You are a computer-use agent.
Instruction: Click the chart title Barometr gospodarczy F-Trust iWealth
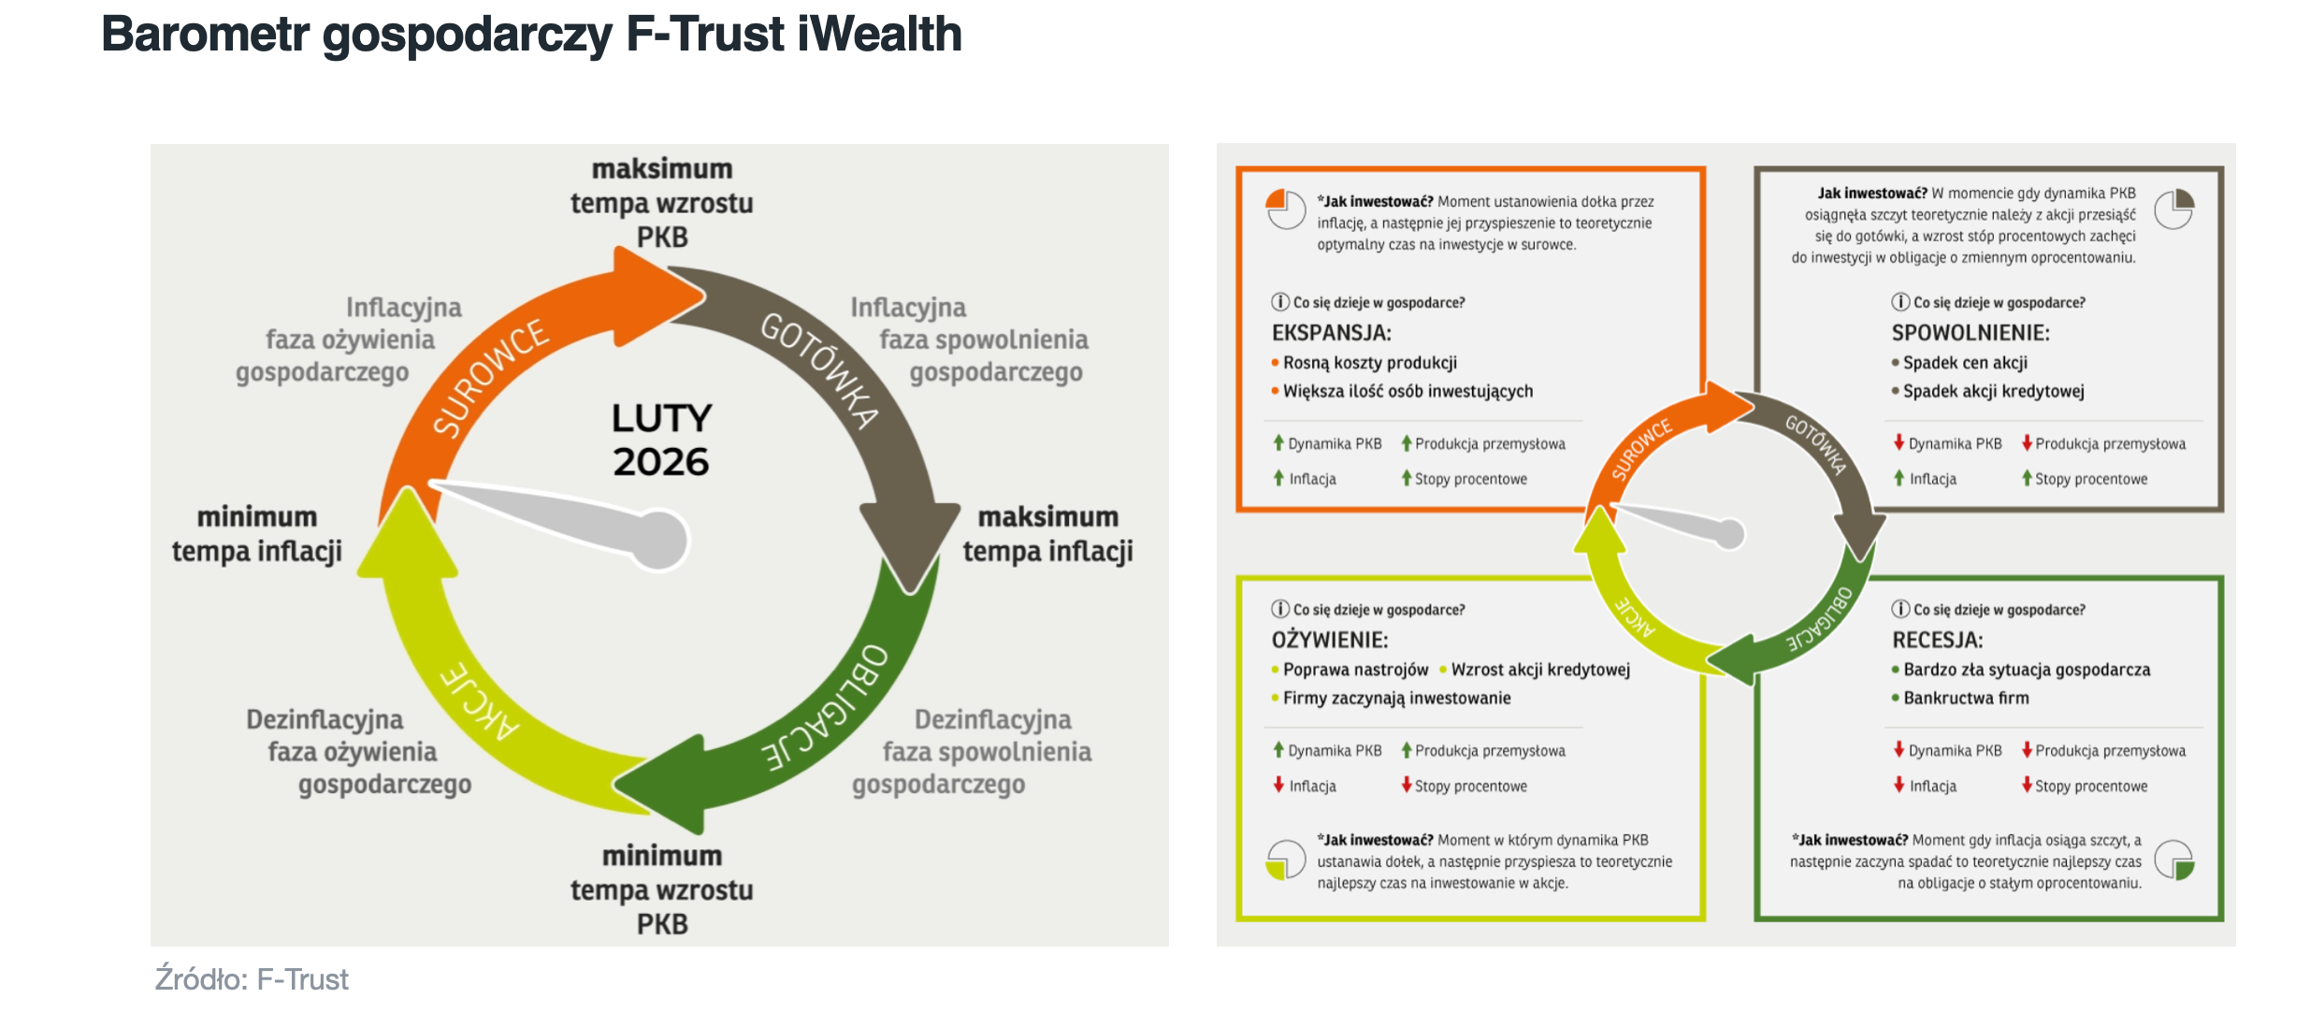(531, 36)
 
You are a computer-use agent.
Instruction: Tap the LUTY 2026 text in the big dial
(661, 440)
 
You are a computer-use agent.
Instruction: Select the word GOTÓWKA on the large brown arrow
(819, 369)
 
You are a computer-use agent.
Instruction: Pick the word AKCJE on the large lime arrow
(480, 701)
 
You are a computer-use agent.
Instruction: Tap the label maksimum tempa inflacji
(1047, 534)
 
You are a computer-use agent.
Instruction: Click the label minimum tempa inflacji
(257, 534)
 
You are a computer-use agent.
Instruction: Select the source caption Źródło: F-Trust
(252, 979)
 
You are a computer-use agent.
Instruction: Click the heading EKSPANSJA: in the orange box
(1331, 333)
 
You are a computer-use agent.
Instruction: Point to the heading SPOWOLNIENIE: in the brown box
(1971, 333)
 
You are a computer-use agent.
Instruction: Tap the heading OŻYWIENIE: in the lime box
(1329, 640)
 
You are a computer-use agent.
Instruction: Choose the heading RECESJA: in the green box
(1938, 640)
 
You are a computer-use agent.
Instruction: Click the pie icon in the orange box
(1286, 209)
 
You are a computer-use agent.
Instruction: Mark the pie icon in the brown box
(2174, 209)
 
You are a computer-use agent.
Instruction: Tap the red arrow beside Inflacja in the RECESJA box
(1899, 785)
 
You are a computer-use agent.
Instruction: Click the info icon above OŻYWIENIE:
(1280, 609)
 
